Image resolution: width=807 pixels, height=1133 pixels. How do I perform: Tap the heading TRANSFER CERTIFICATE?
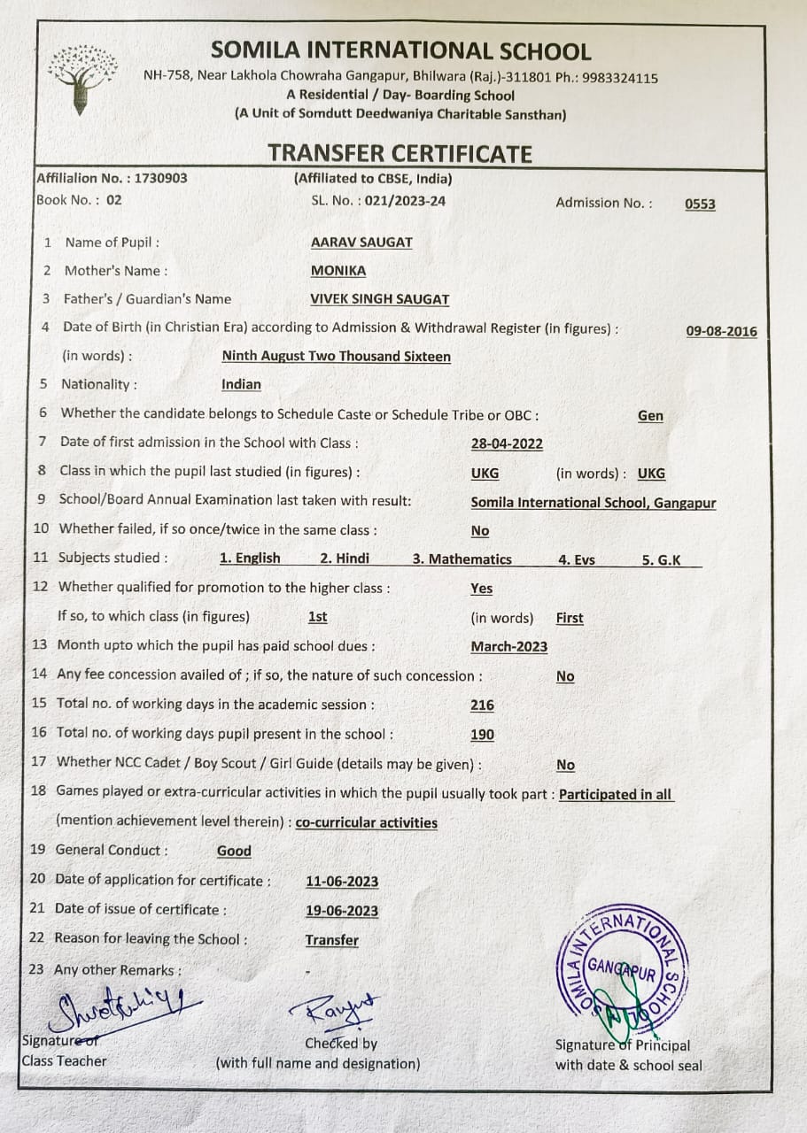400,153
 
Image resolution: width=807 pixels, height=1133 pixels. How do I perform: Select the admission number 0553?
700,204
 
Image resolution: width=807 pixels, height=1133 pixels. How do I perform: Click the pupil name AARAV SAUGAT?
361,243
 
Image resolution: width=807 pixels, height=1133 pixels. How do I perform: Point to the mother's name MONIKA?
338,271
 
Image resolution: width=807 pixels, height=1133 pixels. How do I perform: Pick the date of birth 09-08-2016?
721,331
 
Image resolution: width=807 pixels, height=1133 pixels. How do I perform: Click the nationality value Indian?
241,384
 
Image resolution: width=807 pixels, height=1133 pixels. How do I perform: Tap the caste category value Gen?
650,415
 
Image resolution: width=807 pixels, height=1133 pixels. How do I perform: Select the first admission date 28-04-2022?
507,443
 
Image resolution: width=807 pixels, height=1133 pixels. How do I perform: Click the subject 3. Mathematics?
462,559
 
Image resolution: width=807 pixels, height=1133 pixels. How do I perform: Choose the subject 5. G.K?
662,559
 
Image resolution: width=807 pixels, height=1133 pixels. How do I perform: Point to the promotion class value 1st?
317,617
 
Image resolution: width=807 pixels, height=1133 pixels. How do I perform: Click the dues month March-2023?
508,646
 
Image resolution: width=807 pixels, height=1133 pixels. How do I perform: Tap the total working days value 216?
483,705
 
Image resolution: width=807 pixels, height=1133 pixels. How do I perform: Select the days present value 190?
483,735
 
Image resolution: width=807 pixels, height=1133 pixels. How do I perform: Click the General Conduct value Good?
234,851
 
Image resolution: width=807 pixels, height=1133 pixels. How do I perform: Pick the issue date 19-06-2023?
342,911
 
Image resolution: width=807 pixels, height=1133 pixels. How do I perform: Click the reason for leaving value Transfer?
332,940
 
